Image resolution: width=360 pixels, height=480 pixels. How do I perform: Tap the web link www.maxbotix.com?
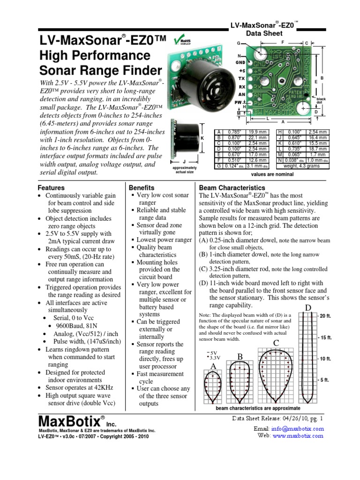(x=298, y=435)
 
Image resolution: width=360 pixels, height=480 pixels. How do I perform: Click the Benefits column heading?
(x=141, y=187)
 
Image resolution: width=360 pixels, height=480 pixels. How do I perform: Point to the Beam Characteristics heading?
(x=232, y=187)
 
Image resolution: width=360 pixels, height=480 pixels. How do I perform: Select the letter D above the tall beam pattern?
(x=308, y=307)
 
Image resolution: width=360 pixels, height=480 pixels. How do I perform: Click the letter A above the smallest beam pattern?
(x=213, y=366)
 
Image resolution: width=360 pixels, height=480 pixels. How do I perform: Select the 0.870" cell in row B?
(x=232, y=137)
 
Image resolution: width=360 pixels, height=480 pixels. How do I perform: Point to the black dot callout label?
(x=321, y=101)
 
